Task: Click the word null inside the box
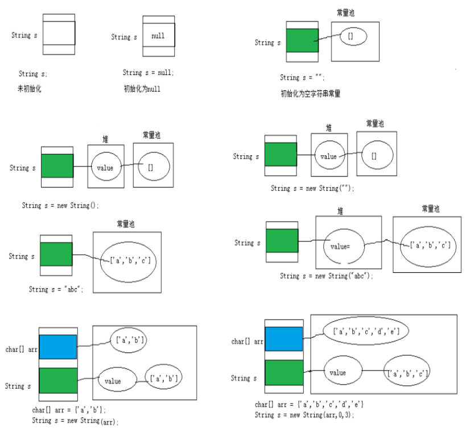(x=158, y=36)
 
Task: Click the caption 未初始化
(x=29, y=89)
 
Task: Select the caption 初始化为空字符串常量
(x=311, y=94)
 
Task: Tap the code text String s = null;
(x=148, y=73)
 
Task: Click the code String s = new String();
(x=60, y=205)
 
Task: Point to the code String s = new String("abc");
(x=326, y=276)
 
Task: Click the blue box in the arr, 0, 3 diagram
(x=284, y=339)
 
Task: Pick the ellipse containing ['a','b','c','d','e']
(x=366, y=330)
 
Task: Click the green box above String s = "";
(x=302, y=40)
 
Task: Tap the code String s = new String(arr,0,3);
(x=304, y=415)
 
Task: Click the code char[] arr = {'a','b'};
(x=69, y=410)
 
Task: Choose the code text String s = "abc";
(x=56, y=289)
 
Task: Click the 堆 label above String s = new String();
(x=105, y=139)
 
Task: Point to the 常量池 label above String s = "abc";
(x=126, y=224)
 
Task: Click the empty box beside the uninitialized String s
(x=59, y=33)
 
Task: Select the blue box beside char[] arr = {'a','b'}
(x=57, y=347)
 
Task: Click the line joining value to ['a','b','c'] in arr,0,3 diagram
(x=374, y=371)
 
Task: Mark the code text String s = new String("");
(x=312, y=188)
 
